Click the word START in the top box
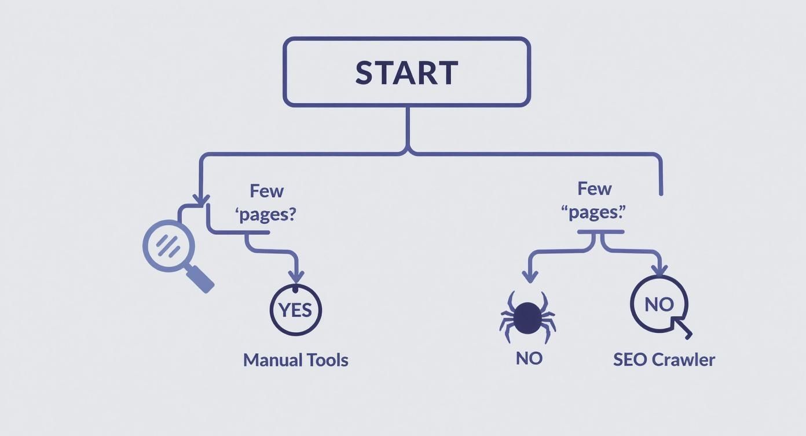click(x=406, y=72)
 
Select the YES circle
click(x=295, y=310)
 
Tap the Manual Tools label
click(x=295, y=359)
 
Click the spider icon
click(x=527, y=318)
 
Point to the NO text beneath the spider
click(x=529, y=358)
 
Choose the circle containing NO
click(x=659, y=304)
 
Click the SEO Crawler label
click(x=664, y=359)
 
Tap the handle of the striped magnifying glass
click(x=199, y=278)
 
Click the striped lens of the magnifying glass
click(x=168, y=245)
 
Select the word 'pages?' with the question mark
click(x=266, y=214)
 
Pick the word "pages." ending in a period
click(x=594, y=212)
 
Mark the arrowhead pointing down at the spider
click(x=529, y=276)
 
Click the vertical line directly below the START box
click(x=408, y=128)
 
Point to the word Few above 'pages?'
click(x=266, y=190)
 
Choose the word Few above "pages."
click(x=594, y=188)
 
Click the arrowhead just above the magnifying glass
click(x=200, y=199)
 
